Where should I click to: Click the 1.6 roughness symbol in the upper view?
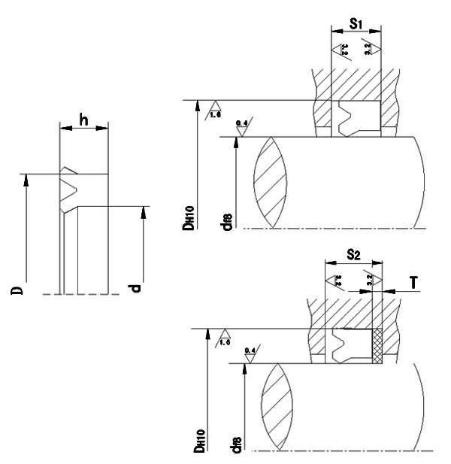click(x=214, y=110)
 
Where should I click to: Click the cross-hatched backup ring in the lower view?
click(x=377, y=345)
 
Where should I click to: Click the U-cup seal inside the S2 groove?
click(x=345, y=345)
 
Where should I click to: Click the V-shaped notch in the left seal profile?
click(x=68, y=185)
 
